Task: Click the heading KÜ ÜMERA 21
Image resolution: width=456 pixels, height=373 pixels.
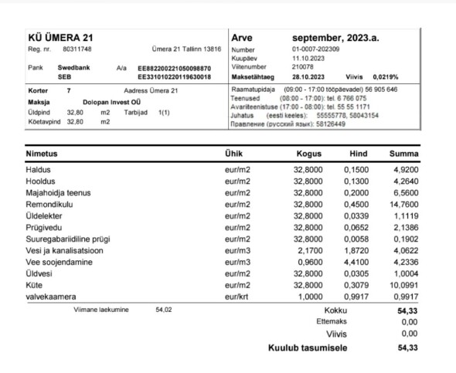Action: coord(60,36)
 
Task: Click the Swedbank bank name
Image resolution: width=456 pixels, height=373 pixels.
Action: coord(74,67)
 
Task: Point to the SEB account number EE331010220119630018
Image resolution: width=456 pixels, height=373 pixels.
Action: coord(175,77)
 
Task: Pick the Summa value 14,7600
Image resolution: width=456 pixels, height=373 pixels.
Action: coord(404,204)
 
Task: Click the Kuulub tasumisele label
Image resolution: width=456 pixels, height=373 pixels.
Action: coord(307,348)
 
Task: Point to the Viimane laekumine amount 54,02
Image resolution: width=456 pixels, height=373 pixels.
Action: coord(163,309)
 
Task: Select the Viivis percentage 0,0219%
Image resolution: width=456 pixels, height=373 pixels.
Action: coord(400,76)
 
